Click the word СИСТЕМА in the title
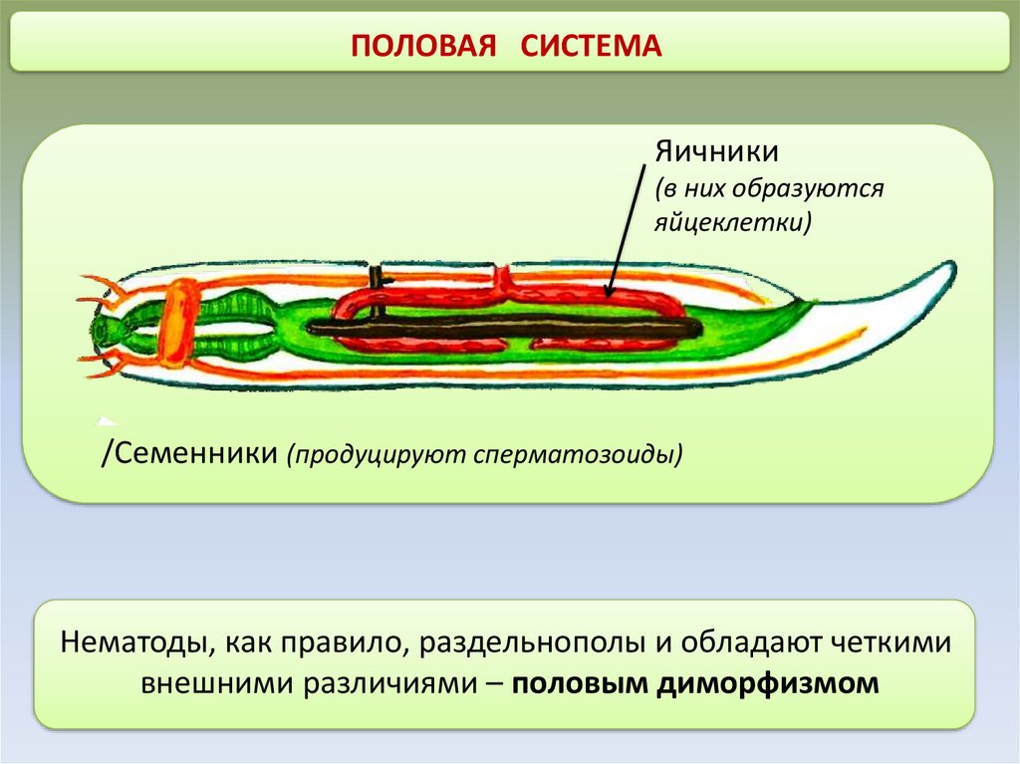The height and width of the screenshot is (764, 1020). [x=590, y=46]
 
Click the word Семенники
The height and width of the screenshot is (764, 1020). [x=193, y=453]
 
